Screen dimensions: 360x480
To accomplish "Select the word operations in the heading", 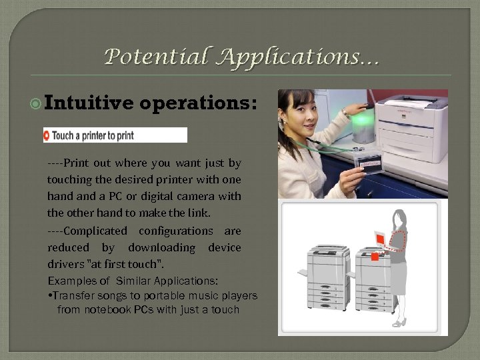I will [x=198, y=103].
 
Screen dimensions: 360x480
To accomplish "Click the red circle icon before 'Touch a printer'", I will [x=47, y=135].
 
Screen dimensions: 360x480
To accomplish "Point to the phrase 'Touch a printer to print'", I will [x=93, y=135].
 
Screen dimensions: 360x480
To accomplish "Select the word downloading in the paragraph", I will [x=162, y=247].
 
